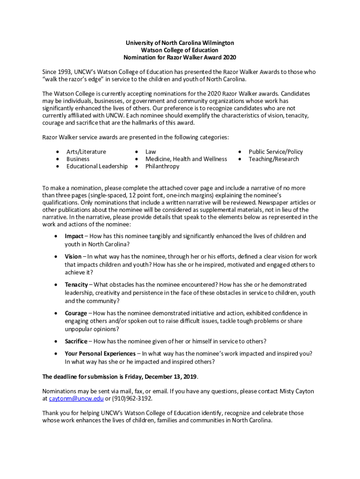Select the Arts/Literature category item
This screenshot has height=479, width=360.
[86, 152]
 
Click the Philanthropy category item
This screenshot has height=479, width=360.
[162, 166]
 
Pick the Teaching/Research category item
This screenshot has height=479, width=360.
[274, 159]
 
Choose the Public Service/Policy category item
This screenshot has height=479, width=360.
[275, 152]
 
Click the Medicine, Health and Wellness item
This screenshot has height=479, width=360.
[186, 159]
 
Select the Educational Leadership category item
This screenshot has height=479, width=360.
[97, 166]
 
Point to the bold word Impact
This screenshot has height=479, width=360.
[74, 236]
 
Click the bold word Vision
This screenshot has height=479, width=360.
[73, 256]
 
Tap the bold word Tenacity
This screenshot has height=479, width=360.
[76, 284]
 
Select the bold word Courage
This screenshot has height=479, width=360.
[76, 313]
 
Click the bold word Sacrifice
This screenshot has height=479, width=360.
[76, 341]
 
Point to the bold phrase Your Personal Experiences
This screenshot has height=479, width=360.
[100, 353]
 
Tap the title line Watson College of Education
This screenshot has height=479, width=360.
[180, 50]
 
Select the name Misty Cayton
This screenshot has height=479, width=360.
[297, 391]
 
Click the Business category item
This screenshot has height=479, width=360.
[78, 159]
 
